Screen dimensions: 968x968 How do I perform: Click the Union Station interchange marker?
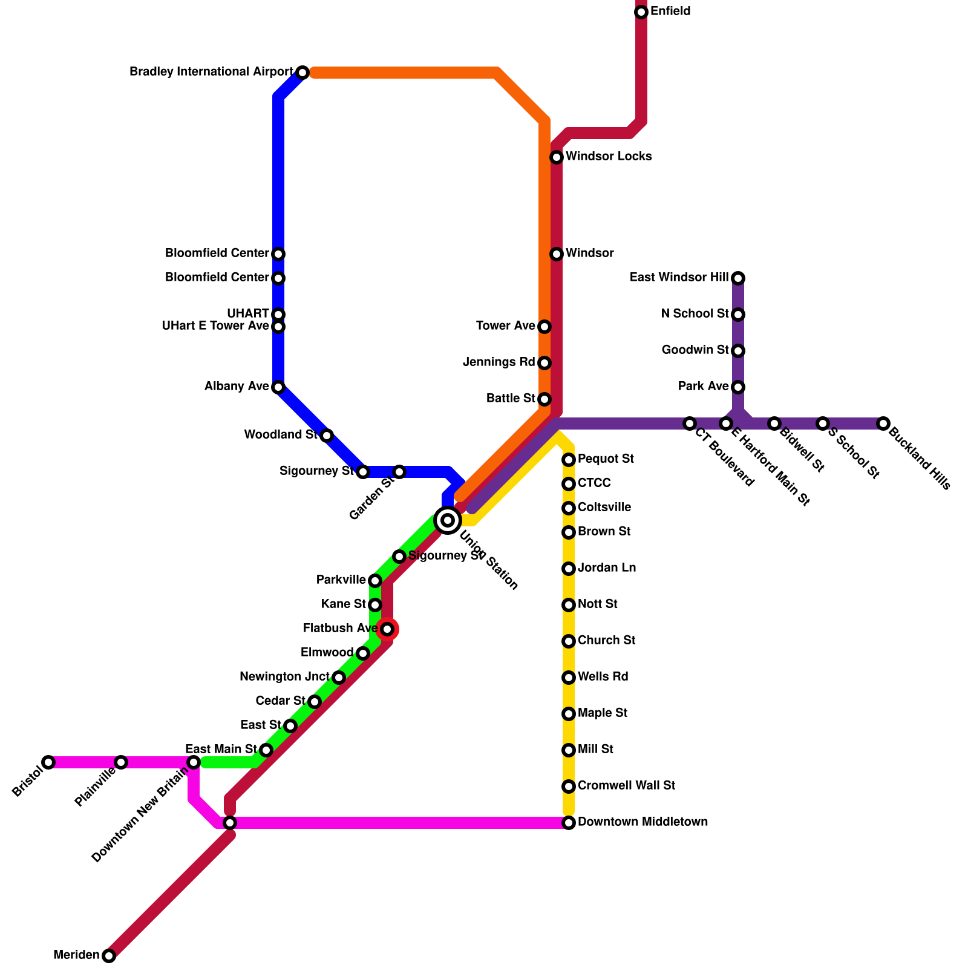coord(448,520)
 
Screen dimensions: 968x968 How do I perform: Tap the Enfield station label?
coord(670,11)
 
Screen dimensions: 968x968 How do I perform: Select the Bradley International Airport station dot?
coord(302,73)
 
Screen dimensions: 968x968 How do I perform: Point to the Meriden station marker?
coord(109,956)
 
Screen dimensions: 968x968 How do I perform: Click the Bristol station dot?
coord(48,762)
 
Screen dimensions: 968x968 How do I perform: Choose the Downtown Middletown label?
coord(643,822)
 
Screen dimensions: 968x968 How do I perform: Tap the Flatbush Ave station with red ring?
coord(387,629)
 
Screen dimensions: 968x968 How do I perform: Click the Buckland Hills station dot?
coord(883,423)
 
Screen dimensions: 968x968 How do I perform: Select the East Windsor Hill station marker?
coord(738,278)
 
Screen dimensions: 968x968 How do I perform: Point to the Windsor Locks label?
coord(609,157)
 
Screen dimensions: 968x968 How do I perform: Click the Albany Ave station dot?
coord(278,387)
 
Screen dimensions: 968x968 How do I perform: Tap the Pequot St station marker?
coord(569,460)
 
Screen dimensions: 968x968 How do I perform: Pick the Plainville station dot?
coord(121,762)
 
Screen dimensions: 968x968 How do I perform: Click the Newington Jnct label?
coord(284,677)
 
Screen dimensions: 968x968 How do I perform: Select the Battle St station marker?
coord(544,399)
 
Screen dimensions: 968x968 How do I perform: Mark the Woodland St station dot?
coord(327,436)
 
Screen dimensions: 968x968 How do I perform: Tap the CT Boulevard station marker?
coord(690,423)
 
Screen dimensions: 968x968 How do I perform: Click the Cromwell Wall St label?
coord(626,786)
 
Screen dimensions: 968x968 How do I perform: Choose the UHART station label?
coord(248,313)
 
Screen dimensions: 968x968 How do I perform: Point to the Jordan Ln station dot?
coord(569,569)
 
